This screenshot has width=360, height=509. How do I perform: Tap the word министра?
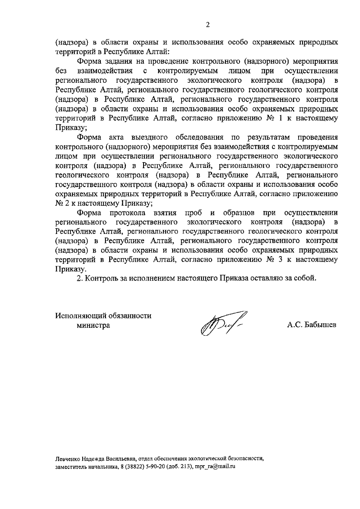coord(93,325)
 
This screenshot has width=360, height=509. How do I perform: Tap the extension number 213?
coord(184,467)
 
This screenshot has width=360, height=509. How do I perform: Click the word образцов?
coord(239,213)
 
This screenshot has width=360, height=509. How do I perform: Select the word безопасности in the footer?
coord(246,459)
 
